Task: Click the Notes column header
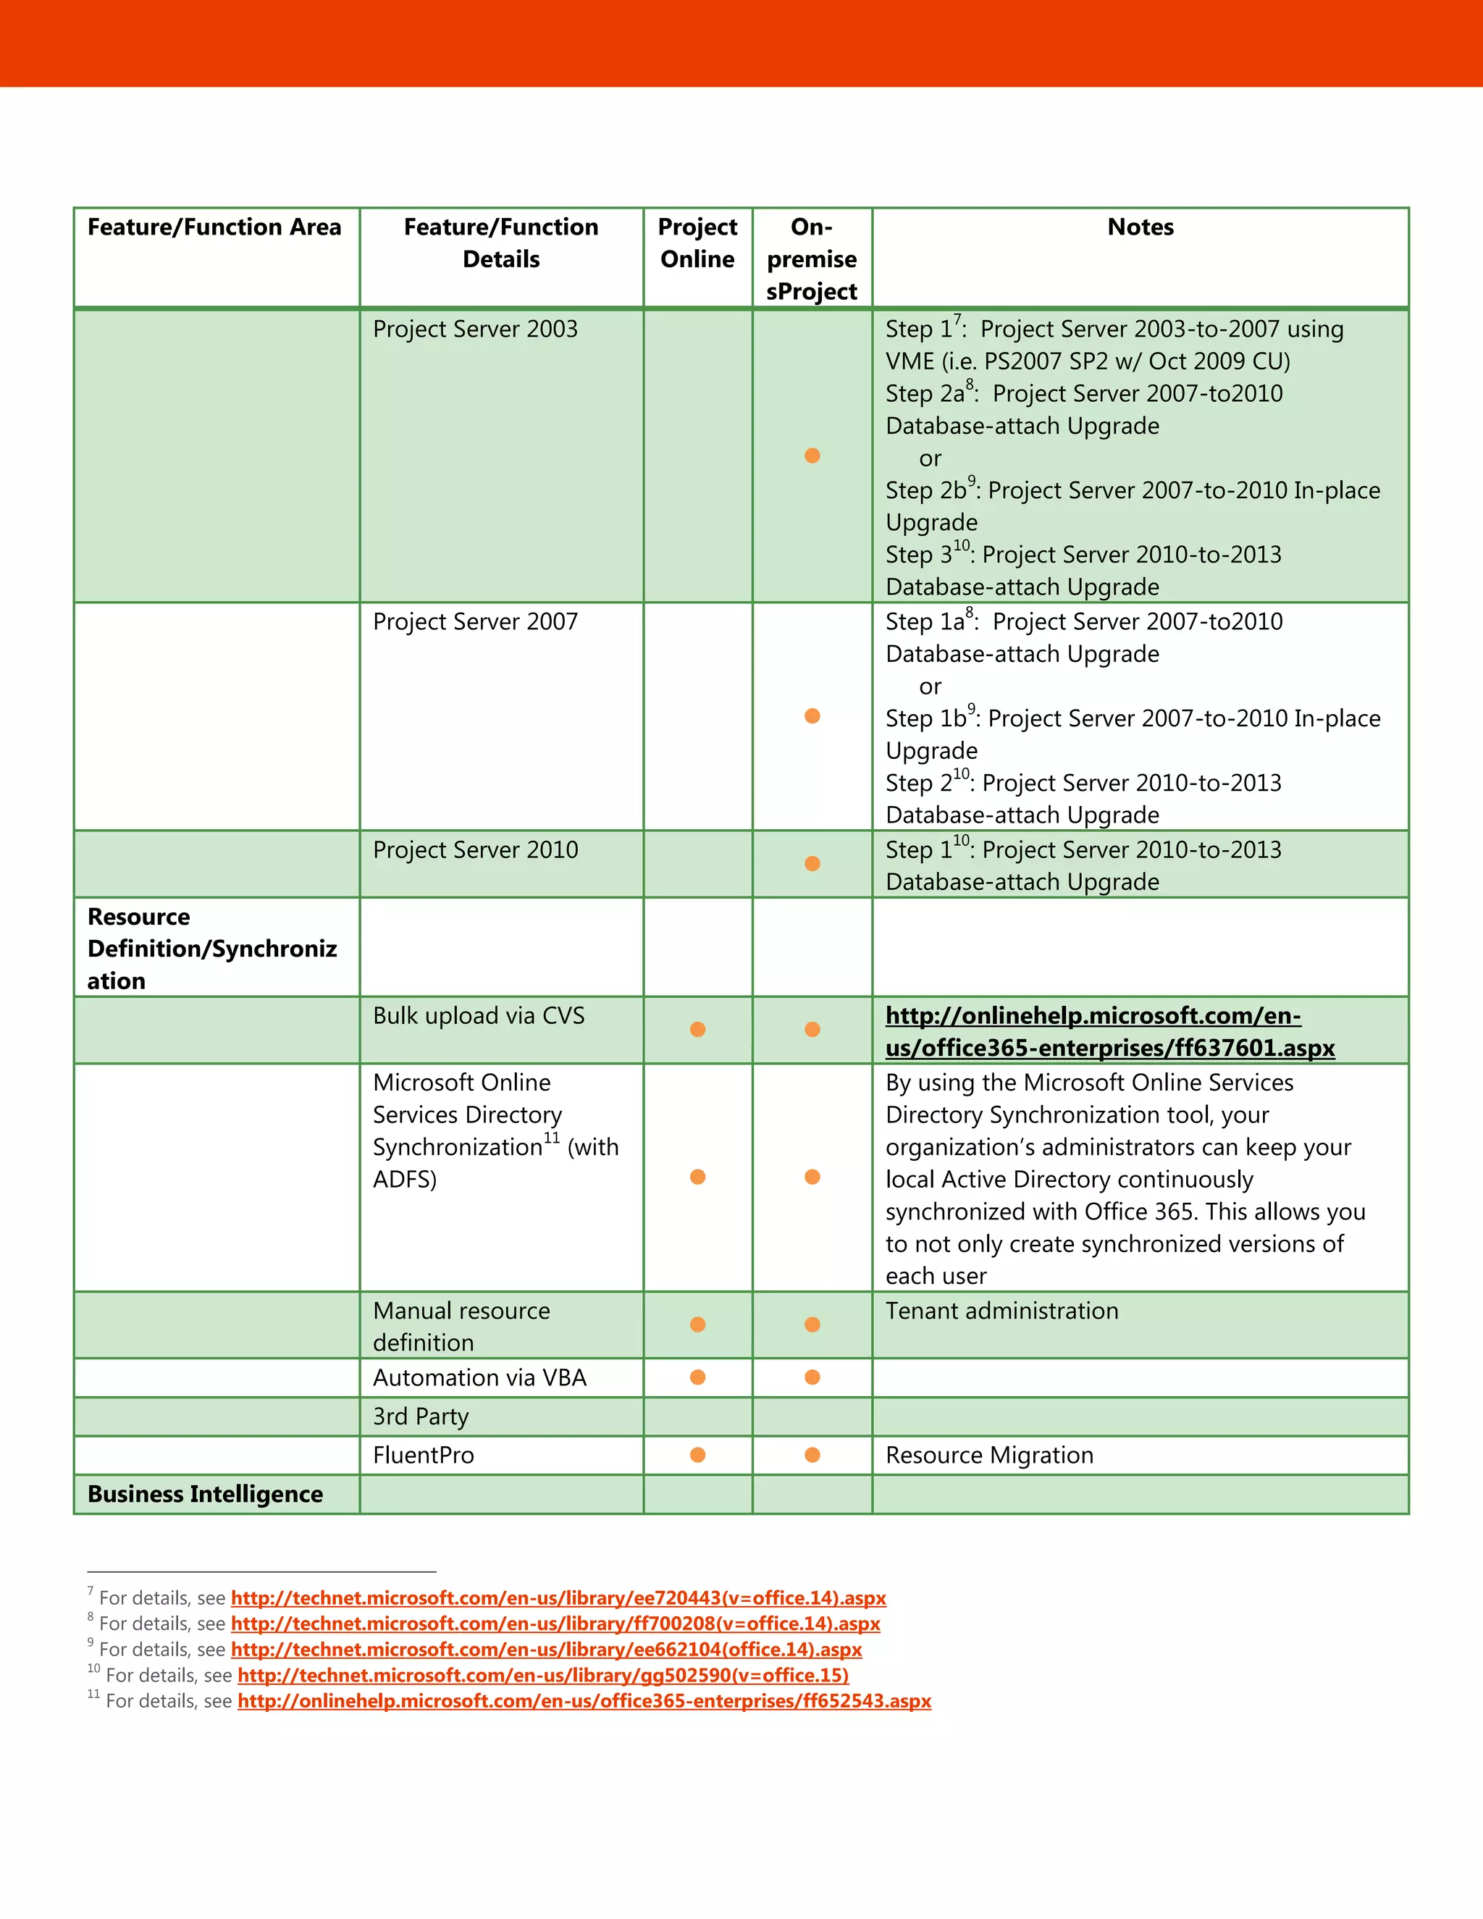coord(1140,227)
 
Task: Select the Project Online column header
coord(697,243)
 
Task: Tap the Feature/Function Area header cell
coord(214,227)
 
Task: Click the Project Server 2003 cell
coord(475,329)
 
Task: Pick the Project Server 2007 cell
coord(475,622)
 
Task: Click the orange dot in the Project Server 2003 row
coord(812,455)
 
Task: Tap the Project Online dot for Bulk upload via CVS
coord(697,1029)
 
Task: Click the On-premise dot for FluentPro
coord(812,1455)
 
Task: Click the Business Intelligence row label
coord(206,1494)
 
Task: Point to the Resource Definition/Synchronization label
coord(211,948)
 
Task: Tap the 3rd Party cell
coord(421,1416)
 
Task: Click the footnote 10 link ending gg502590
coord(543,1676)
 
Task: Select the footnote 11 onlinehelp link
coord(584,1701)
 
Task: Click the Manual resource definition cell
coord(461,1326)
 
